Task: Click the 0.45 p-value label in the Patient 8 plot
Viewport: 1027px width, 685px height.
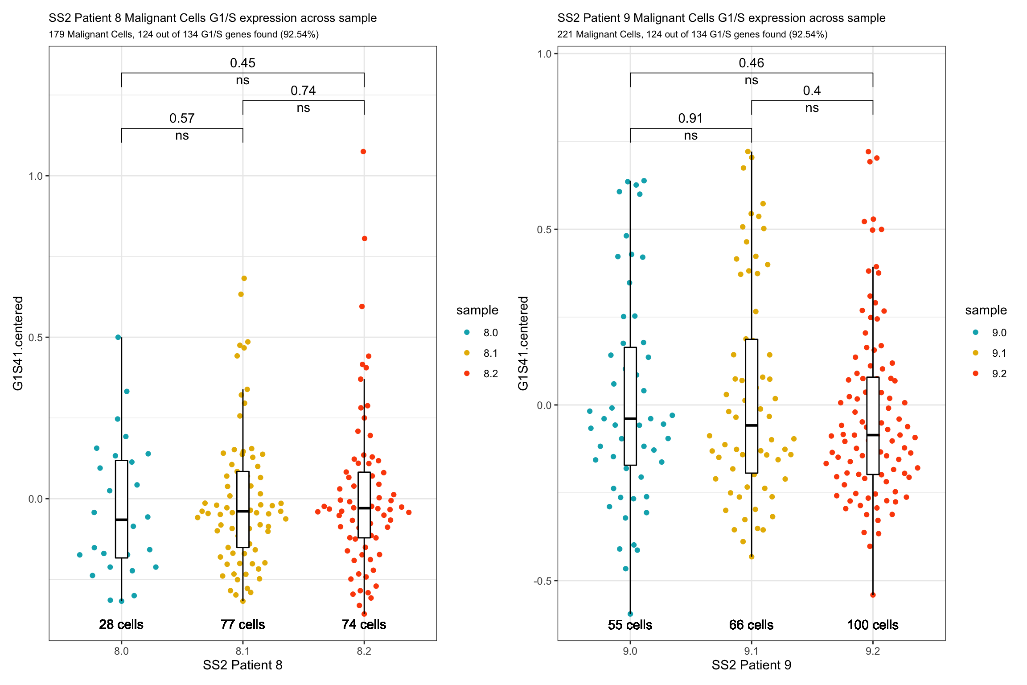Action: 242,63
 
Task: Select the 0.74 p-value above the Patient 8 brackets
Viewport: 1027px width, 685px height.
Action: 303,91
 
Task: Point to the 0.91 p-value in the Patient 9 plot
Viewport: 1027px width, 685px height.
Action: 690,118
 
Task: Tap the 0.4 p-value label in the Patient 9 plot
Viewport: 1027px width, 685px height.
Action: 812,91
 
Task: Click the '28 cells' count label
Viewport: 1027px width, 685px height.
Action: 121,624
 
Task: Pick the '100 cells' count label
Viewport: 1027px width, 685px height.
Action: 873,625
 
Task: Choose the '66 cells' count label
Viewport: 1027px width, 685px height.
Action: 751,625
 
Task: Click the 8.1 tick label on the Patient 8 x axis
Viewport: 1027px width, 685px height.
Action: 242,651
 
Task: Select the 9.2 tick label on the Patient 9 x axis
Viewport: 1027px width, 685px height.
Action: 873,651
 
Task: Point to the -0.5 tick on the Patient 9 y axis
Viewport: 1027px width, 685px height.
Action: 542,581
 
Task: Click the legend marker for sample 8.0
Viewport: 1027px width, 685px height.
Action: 467,332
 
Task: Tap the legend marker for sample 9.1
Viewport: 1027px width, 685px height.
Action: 975,353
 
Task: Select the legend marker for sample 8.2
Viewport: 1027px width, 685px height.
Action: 467,373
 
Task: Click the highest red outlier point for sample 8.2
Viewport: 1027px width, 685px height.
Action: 363,152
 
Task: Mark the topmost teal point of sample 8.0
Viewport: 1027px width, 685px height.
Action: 118,337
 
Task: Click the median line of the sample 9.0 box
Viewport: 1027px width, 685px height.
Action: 630,418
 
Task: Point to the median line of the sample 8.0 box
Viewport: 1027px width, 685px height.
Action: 121,520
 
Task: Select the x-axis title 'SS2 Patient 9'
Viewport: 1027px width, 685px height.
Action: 751,665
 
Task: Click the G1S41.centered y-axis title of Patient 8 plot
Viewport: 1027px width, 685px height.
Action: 18,343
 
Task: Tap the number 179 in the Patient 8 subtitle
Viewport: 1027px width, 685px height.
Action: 57,34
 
